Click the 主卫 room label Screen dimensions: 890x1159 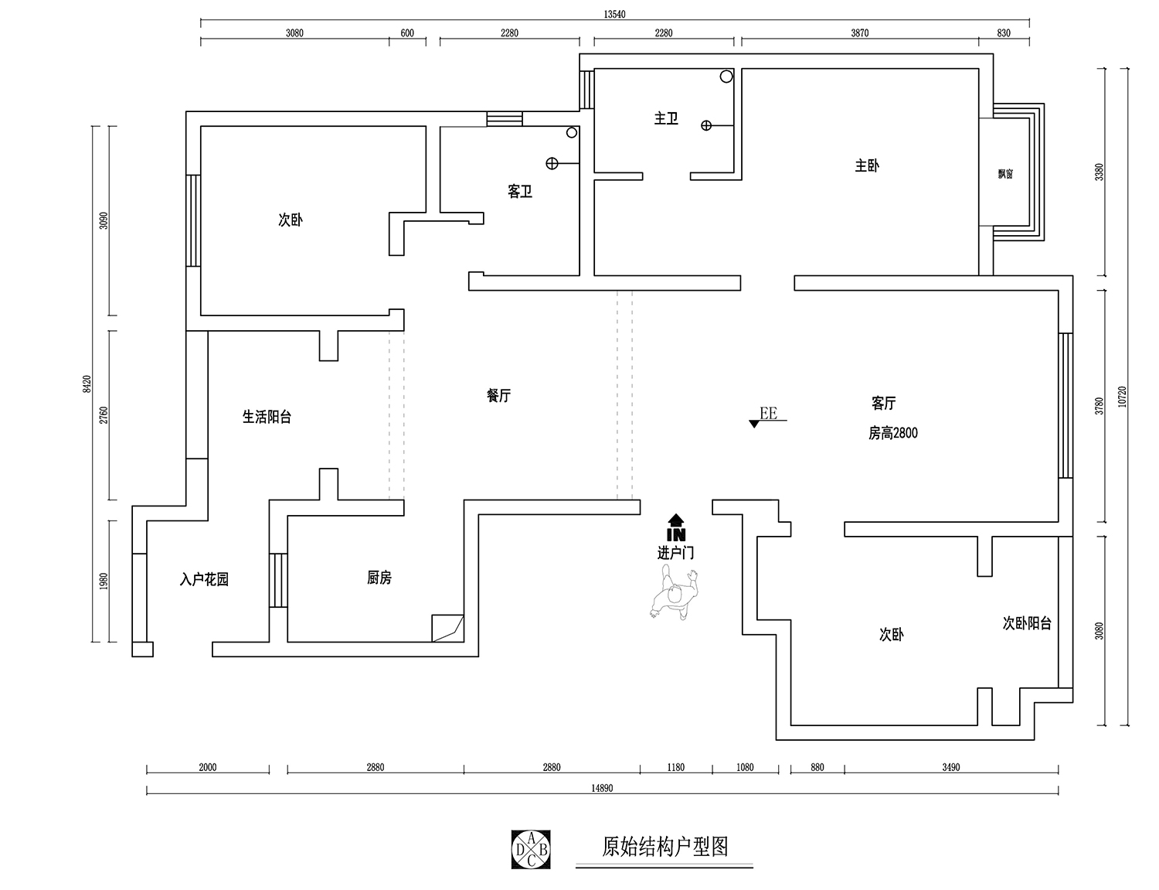[x=666, y=118]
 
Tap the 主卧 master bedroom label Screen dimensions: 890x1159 [x=867, y=165]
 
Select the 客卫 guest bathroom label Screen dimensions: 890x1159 [x=520, y=192]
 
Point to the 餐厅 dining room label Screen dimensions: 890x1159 [x=498, y=396]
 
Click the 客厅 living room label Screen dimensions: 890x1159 [x=884, y=404]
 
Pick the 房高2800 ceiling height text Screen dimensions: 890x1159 [x=893, y=433]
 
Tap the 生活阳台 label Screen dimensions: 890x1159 [x=267, y=418]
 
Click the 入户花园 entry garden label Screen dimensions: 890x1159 [x=204, y=579]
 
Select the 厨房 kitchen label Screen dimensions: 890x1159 [x=379, y=578]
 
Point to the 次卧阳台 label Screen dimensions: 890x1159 [x=1027, y=623]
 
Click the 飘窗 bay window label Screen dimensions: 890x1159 [x=1005, y=174]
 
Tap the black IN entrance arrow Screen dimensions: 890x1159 [x=676, y=528]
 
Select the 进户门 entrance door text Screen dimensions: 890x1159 [x=676, y=554]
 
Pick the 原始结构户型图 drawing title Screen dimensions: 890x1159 [x=665, y=847]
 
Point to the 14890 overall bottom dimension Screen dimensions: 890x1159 [x=602, y=788]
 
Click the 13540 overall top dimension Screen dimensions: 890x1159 [x=615, y=13]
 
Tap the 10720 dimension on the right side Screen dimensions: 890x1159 [x=1123, y=397]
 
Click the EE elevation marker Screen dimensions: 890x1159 [x=766, y=415]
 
